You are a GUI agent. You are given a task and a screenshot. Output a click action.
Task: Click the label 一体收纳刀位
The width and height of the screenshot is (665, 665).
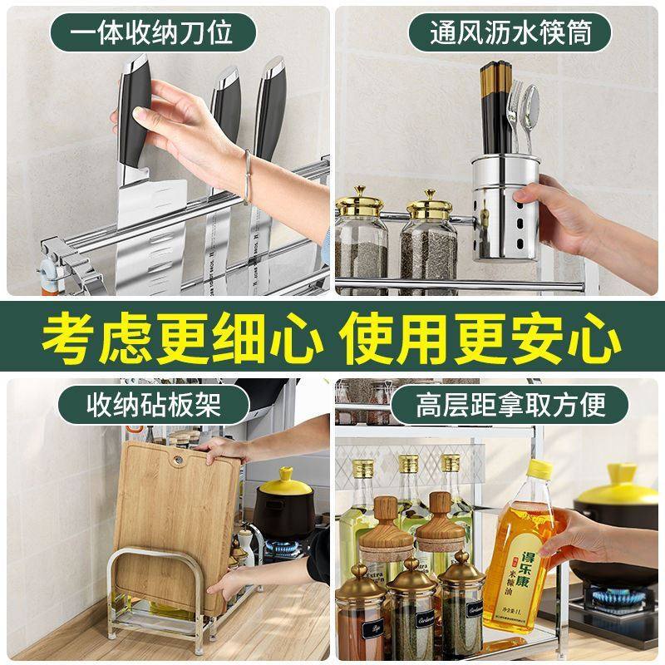150,34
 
